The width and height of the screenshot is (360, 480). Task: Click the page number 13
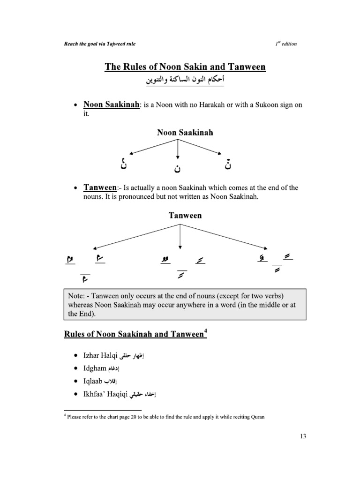coord(302,436)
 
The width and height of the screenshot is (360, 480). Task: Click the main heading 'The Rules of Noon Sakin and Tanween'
coord(185,67)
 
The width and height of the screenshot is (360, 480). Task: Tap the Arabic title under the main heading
coord(185,81)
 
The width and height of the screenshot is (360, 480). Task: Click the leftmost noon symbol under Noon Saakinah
coord(123,164)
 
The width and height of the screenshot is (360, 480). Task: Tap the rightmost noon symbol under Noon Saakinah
coord(228,164)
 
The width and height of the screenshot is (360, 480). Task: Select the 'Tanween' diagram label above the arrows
coord(185,216)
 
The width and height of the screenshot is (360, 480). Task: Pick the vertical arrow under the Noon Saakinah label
coord(178,150)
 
